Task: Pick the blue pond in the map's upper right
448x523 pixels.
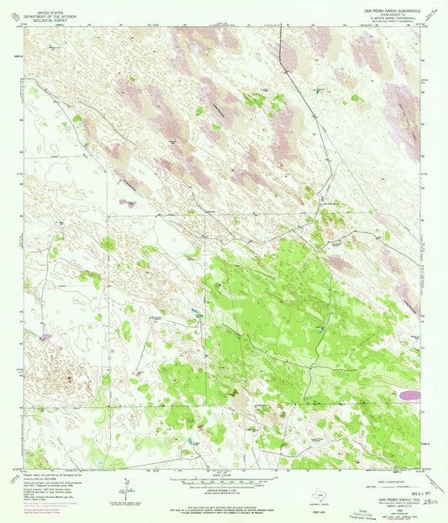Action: tap(319, 89)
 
